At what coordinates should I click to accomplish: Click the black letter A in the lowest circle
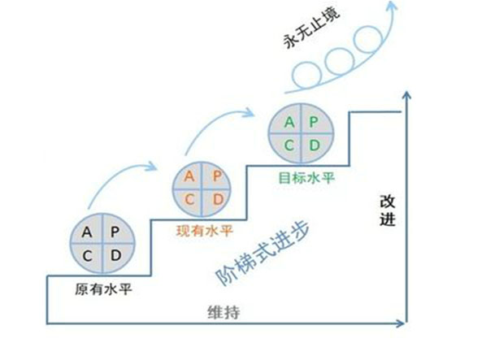pyautogui.click(x=87, y=232)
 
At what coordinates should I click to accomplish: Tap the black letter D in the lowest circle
pyautogui.click(x=116, y=255)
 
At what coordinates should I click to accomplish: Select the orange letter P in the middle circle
pyautogui.click(x=217, y=176)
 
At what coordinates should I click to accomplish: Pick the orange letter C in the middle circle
pyautogui.click(x=189, y=200)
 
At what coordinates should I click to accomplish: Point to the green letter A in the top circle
pyautogui.click(x=289, y=123)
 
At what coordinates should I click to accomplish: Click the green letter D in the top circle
pyautogui.click(x=315, y=145)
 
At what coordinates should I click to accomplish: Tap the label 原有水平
pyautogui.click(x=103, y=289)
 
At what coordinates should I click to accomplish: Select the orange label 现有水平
pyautogui.click(x=204, y=231)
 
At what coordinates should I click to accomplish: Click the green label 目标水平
pyautogui.click(x=306, y=178)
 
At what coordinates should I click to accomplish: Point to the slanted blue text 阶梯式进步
pyautogui.click(x=263, y=253)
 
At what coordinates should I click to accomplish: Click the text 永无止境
pyautogui.click(x=311, y=28)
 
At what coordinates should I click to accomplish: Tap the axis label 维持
pyautogui.click(x=224, y=312)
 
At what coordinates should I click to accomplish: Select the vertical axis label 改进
pyautogui.click(x=388, y=210)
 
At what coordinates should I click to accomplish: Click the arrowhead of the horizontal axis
pyautogui.click(x=401, y=323)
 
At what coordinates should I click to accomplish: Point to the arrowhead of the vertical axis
pyautogui.click(x=406, y=95)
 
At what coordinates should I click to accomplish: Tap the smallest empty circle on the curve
pyautogui.click(x=306, y=76)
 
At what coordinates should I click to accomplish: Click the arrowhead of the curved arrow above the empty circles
pyautogui.click(x=391, y=6)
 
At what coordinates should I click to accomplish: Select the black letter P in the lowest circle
pyautogui.click(x=115, y=232)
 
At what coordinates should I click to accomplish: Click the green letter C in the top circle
pyautogui.click(x=289, y=145)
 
